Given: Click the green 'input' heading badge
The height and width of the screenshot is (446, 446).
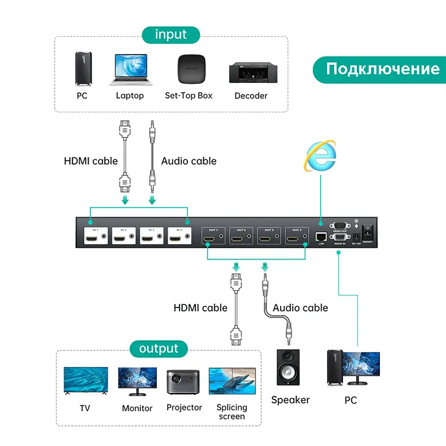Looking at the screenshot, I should click(171, 34).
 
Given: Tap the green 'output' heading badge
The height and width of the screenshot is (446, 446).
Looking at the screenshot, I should click(159, 348).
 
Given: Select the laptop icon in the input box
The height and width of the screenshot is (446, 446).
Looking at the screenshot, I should click(130, 70).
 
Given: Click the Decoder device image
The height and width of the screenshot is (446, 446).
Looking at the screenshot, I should click(251, 72).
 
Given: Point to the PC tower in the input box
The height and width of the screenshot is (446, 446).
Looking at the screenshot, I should click(82, 68).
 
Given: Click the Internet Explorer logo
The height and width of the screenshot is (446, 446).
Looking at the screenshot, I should click(321, 156).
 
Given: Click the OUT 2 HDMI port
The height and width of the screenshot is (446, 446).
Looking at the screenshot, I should click(239, 238).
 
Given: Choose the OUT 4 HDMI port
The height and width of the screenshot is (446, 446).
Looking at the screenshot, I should click(294, 238).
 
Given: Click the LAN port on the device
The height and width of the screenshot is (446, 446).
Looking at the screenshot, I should click(321, 236).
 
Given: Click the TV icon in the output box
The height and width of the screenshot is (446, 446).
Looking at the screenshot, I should click(86, 381).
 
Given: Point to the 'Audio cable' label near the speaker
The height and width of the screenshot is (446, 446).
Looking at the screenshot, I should click(300, 307).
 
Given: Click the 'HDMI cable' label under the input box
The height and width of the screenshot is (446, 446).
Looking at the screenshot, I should click(91, 161).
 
